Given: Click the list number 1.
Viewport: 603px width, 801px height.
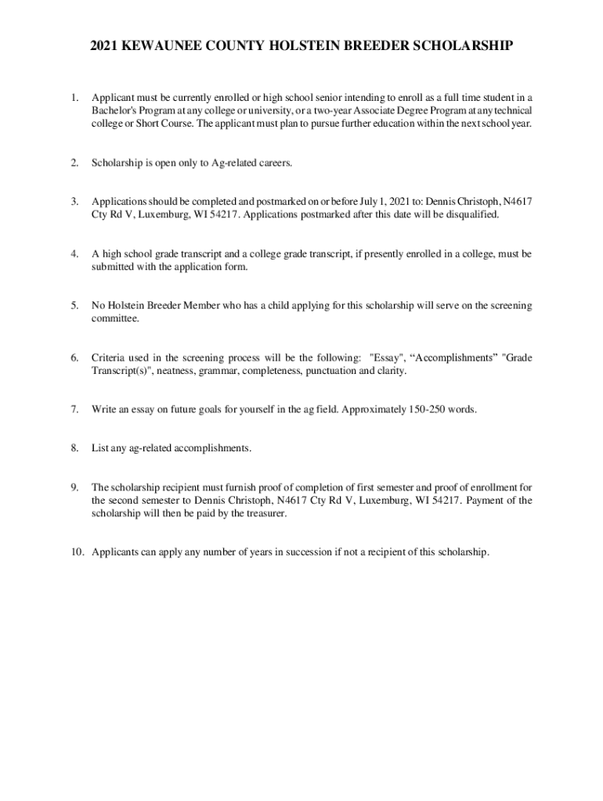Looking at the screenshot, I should pyautogui.click(x=74, y=98).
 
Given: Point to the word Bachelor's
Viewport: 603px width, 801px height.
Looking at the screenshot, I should pyautogui.click(x=114, y=111).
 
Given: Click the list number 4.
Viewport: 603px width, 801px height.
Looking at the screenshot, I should pyautogui.click(x=74, y=253).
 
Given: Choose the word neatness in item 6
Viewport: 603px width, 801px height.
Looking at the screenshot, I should pyautogui.click(x=179, y=371).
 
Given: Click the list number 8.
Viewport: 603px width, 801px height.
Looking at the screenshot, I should pyautogui.click(x=74, y=448).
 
